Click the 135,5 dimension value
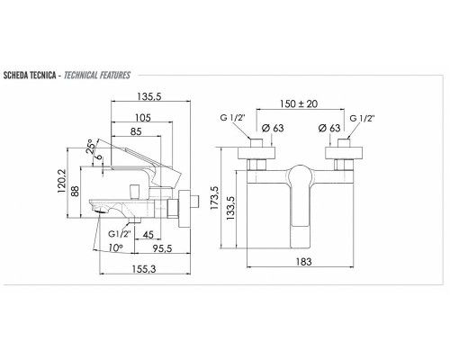(149, 96)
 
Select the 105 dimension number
(143, 118)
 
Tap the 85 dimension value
(136, 131)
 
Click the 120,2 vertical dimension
(62, 181)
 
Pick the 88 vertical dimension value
(76, 191)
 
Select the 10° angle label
(115, 247)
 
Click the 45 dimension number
(148, 235)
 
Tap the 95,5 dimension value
(162, 248)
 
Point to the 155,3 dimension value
(144, 269)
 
